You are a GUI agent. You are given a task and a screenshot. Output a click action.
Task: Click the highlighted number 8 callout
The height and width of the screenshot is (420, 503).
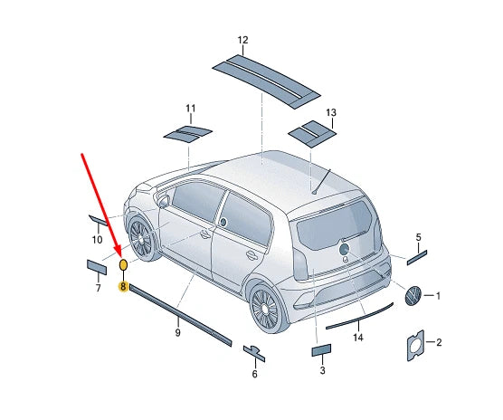[x=123, y=286]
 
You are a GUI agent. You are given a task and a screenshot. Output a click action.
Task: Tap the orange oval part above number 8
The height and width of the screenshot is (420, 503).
[x=123, y=264]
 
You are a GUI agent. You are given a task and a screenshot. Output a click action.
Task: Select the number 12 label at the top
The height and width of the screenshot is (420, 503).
[x=242, y=41]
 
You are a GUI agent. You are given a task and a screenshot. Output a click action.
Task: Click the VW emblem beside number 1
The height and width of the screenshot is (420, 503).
[x=413, y=295]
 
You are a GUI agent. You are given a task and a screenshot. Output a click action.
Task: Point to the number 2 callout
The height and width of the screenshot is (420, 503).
[x=439, y=342]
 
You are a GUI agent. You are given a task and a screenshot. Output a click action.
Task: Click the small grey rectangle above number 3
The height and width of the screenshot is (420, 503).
[x=323, y=351]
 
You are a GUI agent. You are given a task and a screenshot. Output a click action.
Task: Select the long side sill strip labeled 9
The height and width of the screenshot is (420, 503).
[x=180, y=315]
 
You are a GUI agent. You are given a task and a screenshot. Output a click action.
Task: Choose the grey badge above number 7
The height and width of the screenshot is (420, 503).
[x=97, y=266]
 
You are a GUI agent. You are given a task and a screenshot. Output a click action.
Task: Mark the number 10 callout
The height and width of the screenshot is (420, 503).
[x=97, y=240]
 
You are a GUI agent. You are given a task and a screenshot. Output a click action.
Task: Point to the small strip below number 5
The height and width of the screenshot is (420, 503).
[x=419, y=257]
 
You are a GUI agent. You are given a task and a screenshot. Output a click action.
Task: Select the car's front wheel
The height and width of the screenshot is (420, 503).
[x=141, y=237]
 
